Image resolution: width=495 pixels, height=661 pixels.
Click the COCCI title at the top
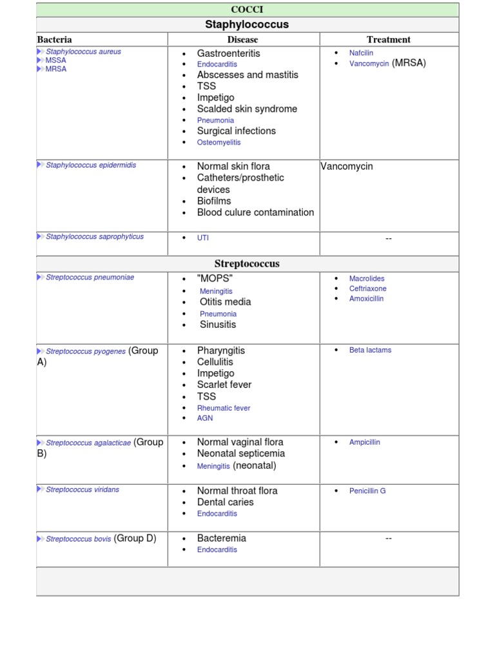(247, 10)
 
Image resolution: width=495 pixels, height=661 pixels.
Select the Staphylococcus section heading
(247, 25)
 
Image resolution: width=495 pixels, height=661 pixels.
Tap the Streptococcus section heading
(247, 264)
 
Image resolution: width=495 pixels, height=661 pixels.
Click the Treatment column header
(389, 39)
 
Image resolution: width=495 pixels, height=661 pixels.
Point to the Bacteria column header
(54, 39)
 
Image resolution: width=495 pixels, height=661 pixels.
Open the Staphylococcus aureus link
(83, 52)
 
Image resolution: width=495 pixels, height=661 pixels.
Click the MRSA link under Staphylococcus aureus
(56, 68)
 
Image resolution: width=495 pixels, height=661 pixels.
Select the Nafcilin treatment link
(361, 53)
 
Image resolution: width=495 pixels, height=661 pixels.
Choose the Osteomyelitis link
(219, 142)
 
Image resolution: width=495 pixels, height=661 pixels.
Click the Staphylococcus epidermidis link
(91, 165)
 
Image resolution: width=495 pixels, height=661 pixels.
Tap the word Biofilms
(214, 201)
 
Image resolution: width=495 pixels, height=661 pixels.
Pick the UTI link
(203, 238)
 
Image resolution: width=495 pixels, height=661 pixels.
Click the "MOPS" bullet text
(215, 278)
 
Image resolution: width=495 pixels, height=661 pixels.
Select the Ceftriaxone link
(368, 289)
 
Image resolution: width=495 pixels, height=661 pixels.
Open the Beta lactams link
(370, 350)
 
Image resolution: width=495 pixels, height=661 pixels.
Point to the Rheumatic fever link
(224, 408)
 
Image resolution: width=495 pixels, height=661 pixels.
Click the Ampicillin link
(365, 442)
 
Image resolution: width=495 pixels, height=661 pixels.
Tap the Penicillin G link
(367, 491)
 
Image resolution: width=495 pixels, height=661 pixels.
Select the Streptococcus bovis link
(79, 538)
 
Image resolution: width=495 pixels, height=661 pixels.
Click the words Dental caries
(226, 502)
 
